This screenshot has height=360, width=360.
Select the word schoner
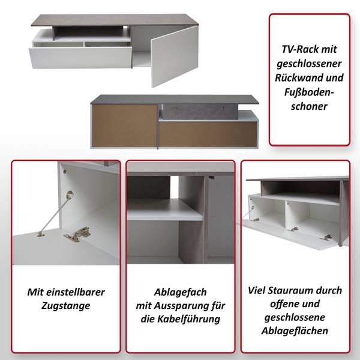(309, 107)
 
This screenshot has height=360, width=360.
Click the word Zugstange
(66, 306)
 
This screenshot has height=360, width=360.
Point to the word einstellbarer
(76, 292)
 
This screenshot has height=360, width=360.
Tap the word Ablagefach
(180, 292)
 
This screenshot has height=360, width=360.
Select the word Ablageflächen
(295, 331)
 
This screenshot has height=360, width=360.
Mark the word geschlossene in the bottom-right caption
(295, 317)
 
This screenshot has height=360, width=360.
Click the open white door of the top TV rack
(175, 56)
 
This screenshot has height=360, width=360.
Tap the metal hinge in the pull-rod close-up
(77, 234)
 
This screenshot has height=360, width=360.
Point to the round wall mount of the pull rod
(70, 194)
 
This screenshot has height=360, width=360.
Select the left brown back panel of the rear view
(125, 125)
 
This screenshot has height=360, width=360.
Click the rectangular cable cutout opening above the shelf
(174, 187)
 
